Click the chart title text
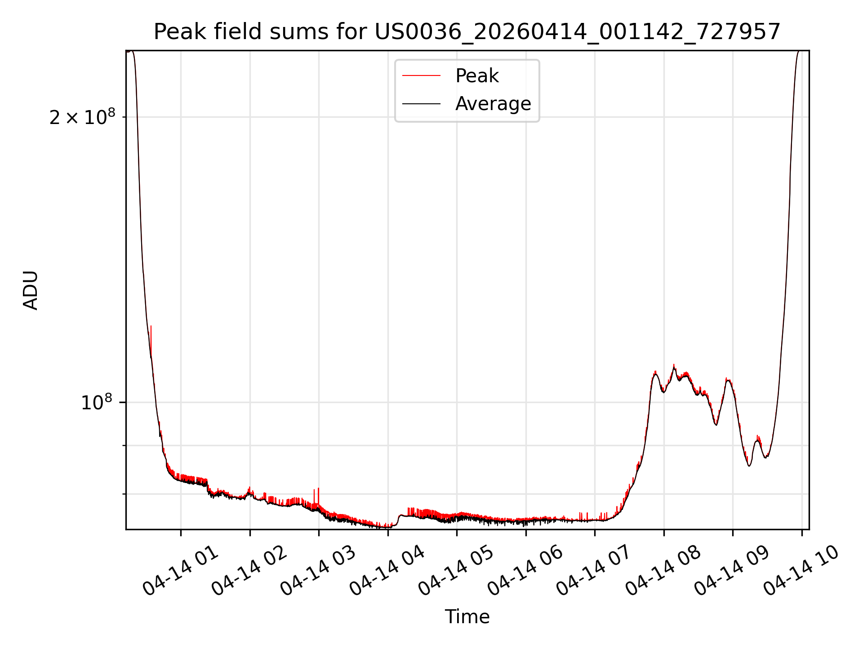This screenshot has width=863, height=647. coord(467,32)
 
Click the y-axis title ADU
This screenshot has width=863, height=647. coord(31,290)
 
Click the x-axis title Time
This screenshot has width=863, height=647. coord(467,616)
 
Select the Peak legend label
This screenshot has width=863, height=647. coord(477,75)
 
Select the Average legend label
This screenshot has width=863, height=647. coord(493,104)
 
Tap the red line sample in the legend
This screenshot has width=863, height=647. coord(421,75)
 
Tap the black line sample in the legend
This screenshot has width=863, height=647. coord(421,104)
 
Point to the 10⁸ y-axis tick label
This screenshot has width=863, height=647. coord(96,402)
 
